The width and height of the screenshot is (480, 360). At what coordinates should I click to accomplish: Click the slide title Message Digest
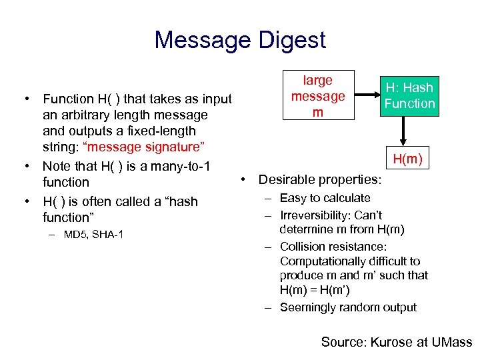point(240,40)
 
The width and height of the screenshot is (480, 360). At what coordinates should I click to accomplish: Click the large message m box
point(317,96)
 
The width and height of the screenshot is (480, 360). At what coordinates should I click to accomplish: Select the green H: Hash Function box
point(409,96)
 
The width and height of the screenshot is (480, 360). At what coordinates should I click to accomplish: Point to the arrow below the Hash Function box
point(402,131)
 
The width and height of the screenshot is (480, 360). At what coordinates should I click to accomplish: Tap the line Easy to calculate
point(325,198)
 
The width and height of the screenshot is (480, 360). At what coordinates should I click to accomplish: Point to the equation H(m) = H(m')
point(315,290)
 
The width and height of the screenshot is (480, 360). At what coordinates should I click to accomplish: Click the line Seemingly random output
point(348,307)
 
